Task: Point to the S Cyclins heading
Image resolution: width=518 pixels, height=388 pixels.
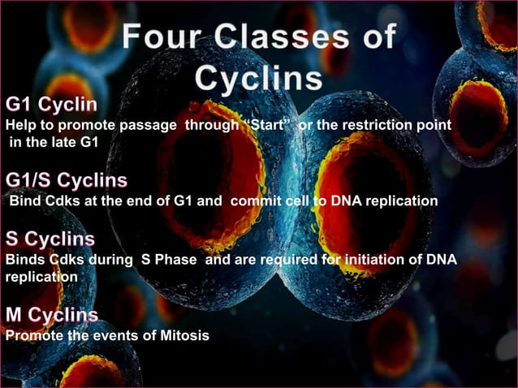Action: pos(50,240)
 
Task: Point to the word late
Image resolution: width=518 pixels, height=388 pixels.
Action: pos(58,144)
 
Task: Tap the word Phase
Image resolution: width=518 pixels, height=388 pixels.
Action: pos(171,261)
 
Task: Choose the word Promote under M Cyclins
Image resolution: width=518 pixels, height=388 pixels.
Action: pos(32,336)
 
